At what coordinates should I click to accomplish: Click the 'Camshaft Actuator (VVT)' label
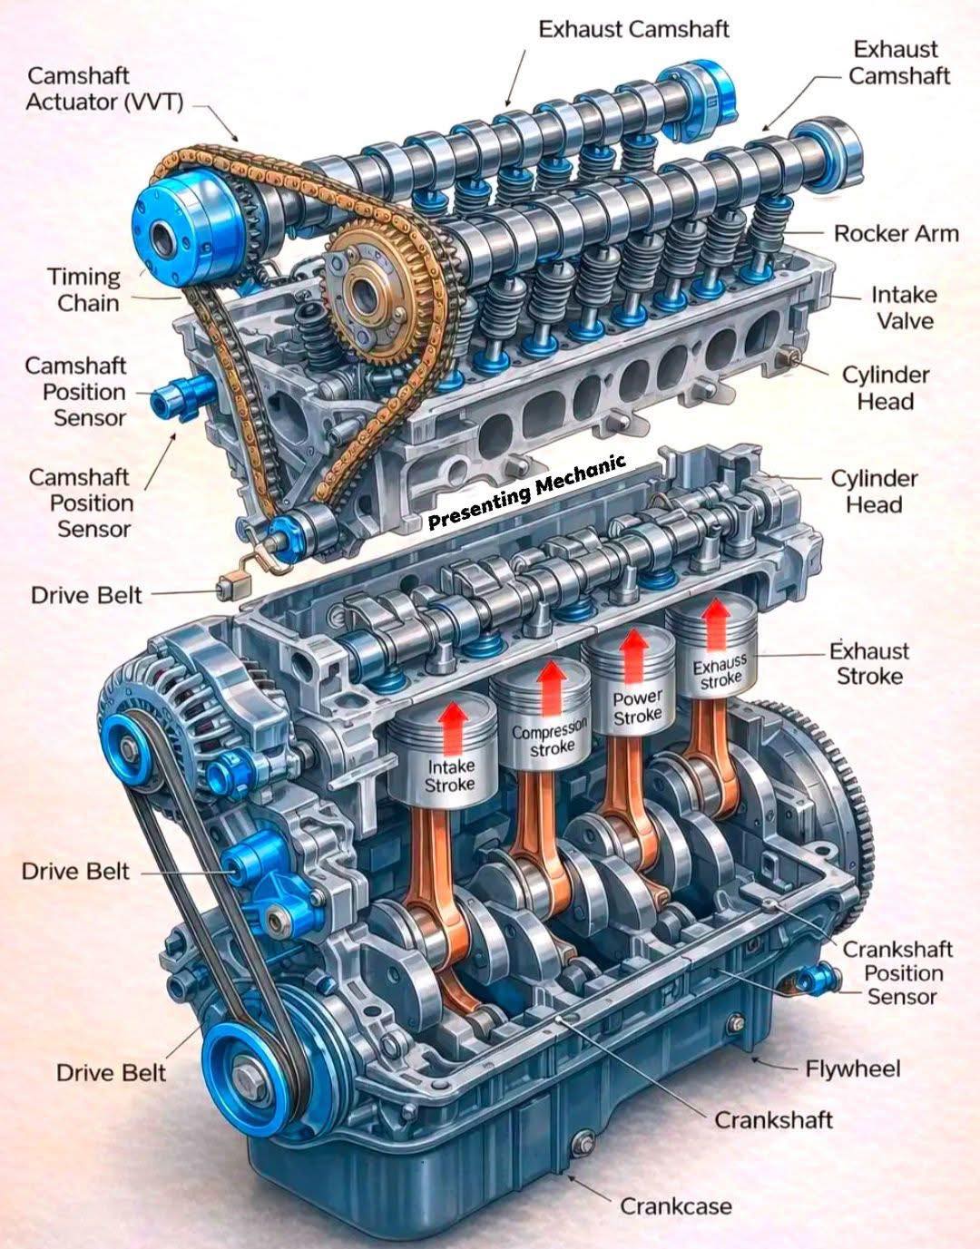[104, 89]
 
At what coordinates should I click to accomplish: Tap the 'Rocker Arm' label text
[897, 234]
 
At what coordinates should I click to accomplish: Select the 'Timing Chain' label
[85, 290]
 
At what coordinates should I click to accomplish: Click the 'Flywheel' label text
[852, 1069]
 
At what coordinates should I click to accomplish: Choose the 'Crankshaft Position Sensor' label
[897, 973]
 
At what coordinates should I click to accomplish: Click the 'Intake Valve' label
[904, 308]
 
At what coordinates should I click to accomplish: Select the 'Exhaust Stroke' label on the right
[869, 664]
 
